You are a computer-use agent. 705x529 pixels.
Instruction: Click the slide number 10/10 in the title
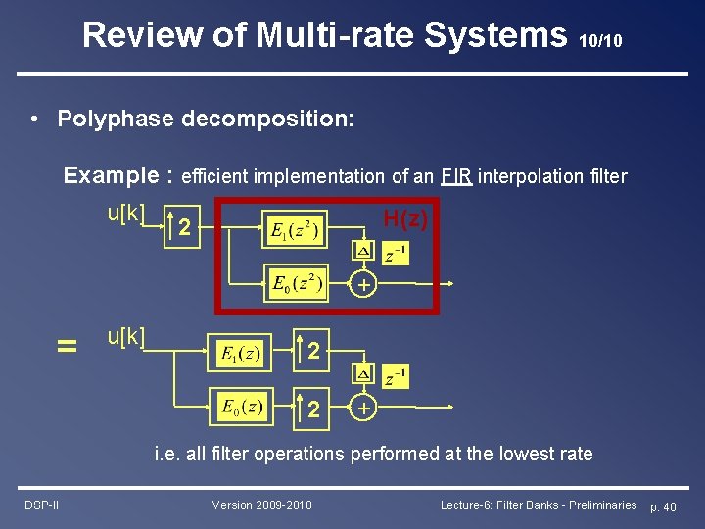tap(600, 41)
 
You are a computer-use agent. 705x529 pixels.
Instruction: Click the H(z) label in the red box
tap(404, 219)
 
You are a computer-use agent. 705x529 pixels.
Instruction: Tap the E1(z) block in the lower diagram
tap(241, 354)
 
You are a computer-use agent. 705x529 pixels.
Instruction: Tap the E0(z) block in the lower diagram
tap(241, 407)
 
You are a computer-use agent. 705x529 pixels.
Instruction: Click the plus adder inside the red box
tap(363, 285)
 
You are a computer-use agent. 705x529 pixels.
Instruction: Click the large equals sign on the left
tap(67, 345)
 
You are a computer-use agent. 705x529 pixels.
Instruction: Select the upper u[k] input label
tap(126, 213)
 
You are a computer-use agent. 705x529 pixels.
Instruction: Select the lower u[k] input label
tap(126, 336)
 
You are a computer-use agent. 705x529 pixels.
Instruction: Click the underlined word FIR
tap(456, 176)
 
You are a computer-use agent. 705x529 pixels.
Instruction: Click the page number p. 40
tap(663, 505)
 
